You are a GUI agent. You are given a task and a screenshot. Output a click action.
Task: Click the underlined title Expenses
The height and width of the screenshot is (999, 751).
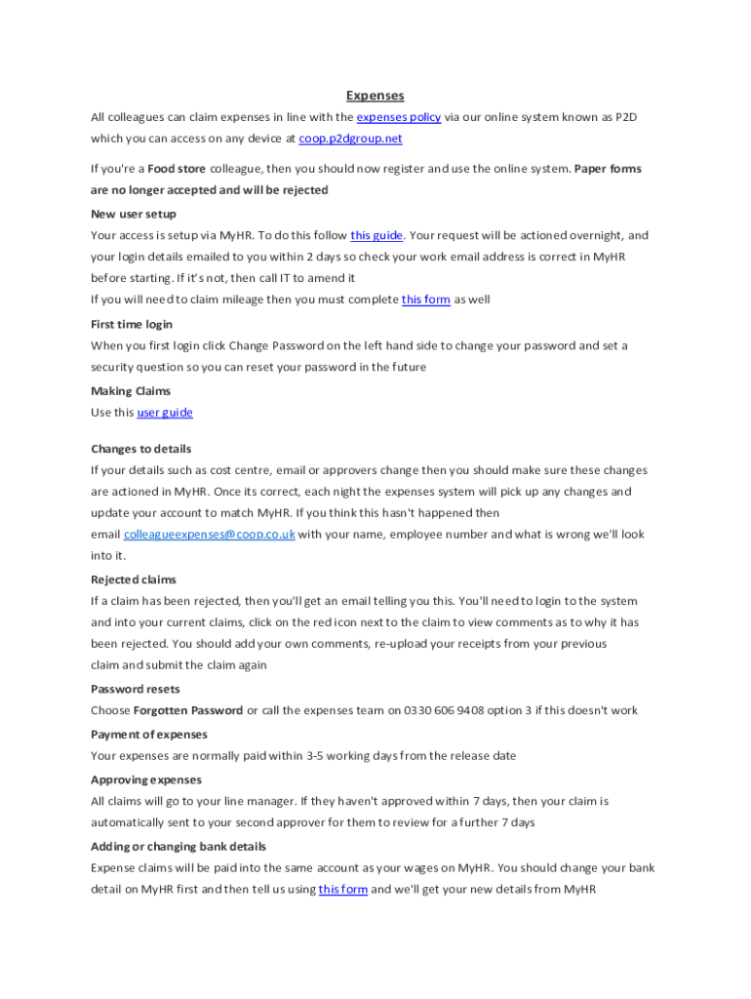(375, 96)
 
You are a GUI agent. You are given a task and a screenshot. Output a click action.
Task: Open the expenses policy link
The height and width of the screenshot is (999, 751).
(398, 117)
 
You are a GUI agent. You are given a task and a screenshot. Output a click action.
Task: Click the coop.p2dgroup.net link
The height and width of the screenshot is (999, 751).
(350, 139)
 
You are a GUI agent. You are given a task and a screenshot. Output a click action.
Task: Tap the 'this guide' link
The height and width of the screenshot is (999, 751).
(376, 235)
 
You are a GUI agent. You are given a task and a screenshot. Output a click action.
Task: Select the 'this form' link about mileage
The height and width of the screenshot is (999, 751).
(425, 300)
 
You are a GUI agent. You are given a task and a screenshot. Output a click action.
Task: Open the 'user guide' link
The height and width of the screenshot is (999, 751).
(165, 413)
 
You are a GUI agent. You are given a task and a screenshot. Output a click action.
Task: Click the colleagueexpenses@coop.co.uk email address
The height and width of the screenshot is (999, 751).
(209, 535)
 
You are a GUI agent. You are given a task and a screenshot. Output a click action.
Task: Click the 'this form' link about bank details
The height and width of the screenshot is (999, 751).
(342, 890)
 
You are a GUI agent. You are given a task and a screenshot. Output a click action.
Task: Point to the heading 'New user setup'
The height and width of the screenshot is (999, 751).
(134, 214)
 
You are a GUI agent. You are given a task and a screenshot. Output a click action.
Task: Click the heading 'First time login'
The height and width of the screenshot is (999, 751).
(132, 324)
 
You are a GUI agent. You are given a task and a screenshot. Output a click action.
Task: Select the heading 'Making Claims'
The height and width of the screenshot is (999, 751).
(131, 391)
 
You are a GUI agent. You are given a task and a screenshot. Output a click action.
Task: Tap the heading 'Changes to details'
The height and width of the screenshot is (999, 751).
(141, 449)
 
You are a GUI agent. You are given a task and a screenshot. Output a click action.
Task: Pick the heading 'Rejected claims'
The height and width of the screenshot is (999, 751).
(134, 579)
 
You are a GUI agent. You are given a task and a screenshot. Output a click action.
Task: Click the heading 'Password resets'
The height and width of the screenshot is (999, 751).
(136, 689)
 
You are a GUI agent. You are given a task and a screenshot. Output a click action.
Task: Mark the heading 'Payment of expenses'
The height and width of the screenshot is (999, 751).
(149, 735)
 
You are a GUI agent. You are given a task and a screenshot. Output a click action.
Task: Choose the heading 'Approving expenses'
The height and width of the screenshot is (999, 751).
(146, 779)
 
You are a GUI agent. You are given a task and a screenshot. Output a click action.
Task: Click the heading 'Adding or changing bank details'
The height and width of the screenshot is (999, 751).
(178, 847)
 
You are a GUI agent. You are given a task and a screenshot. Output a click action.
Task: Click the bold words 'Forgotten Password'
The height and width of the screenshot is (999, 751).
(188, 710)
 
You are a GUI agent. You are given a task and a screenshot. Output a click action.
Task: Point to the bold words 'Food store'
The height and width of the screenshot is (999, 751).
(177, 169)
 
